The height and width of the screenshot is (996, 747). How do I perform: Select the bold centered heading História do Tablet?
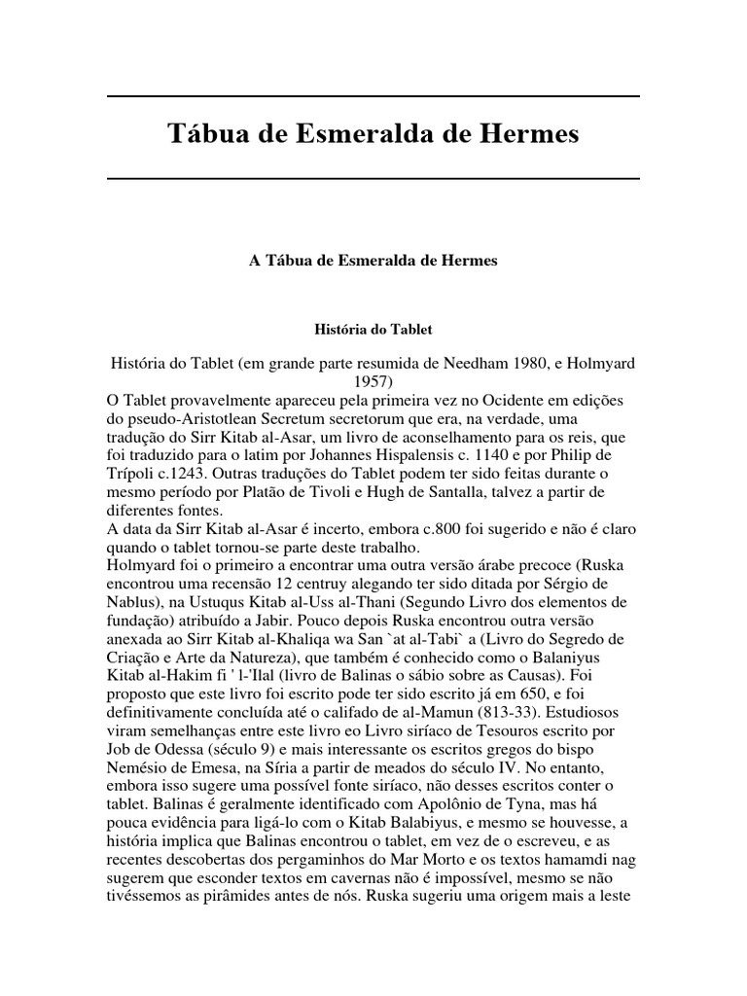[x=373, y=331]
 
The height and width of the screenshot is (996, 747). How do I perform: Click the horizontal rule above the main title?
[x=373, y=96]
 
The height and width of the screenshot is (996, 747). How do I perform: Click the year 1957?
[x=373, y=381]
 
